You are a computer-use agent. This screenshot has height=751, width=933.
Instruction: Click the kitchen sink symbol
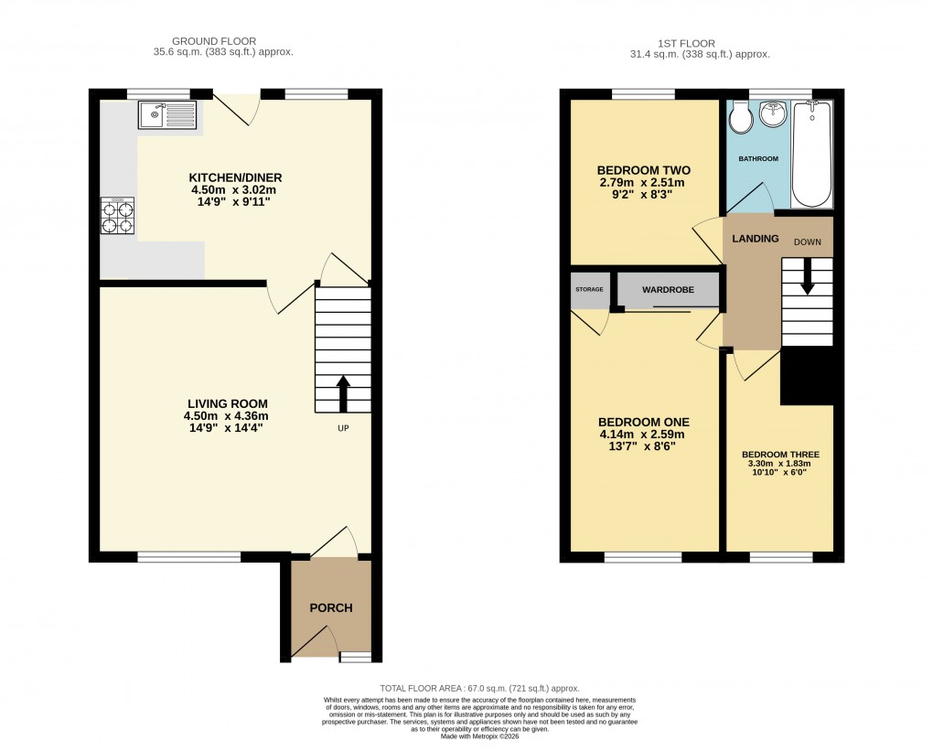[166, 115]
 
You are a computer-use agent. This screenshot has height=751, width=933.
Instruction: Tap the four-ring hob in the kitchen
[118, 217]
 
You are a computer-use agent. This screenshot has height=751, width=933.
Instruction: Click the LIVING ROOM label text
[227, 403]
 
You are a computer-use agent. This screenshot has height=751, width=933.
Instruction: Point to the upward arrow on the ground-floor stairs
[343, 392]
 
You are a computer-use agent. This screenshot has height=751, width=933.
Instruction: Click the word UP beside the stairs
[343, 427]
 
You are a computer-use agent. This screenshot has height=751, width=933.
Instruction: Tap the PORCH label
[330, 607]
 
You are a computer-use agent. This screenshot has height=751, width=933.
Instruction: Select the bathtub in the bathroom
[810, 154]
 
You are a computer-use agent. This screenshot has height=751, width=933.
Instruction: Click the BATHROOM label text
[758, 159]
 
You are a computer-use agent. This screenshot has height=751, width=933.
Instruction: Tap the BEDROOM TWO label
[643, 170]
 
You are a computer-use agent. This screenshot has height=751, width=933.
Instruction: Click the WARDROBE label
[667, 290]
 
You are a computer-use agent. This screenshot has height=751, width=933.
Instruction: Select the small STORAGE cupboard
[589, 290]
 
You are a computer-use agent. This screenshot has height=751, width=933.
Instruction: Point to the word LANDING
[755, 239]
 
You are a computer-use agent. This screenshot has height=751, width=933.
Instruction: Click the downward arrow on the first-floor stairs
[807, 278]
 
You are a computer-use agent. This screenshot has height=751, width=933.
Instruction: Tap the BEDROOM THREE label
[780, 455]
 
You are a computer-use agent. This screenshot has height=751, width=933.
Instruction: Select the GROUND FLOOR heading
[214, 41]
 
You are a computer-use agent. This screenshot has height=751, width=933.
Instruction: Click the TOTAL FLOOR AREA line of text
[479, 688]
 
